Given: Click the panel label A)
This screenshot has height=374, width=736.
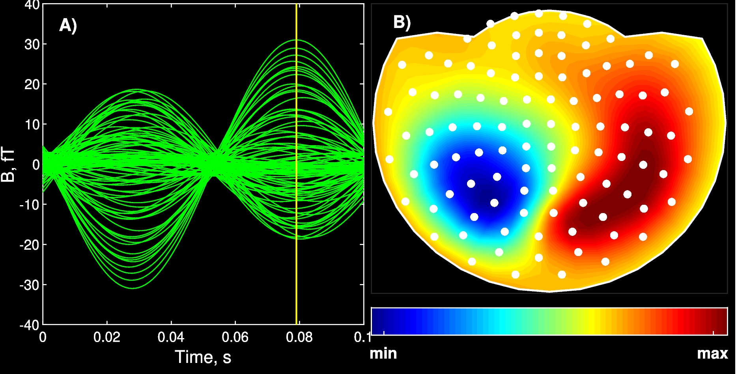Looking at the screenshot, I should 68,25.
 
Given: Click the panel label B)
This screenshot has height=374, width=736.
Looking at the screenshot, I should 402,22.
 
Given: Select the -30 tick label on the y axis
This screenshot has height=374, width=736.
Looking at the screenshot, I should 30,285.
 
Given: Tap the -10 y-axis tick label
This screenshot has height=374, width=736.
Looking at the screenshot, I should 30,205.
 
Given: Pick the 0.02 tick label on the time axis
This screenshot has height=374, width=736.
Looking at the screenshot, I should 107,337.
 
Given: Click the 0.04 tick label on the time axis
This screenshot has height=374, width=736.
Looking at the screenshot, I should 171,337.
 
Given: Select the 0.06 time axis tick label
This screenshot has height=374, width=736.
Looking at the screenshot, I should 235,337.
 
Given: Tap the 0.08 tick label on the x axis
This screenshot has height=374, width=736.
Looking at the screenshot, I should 299,337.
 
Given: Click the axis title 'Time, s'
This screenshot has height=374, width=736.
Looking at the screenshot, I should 203,357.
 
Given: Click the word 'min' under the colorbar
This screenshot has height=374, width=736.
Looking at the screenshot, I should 383,353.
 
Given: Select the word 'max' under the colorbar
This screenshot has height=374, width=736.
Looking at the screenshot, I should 712,353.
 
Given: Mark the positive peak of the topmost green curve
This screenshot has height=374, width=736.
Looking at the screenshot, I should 297,40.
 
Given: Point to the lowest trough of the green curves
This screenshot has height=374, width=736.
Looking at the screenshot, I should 133,288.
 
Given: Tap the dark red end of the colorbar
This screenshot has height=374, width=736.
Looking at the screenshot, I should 720,321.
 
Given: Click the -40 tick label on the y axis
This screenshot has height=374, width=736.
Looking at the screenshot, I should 30,325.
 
